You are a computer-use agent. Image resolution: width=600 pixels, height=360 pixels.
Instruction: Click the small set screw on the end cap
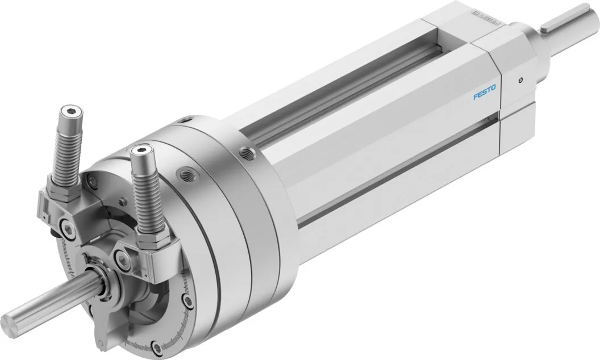(x=520, y=81)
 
